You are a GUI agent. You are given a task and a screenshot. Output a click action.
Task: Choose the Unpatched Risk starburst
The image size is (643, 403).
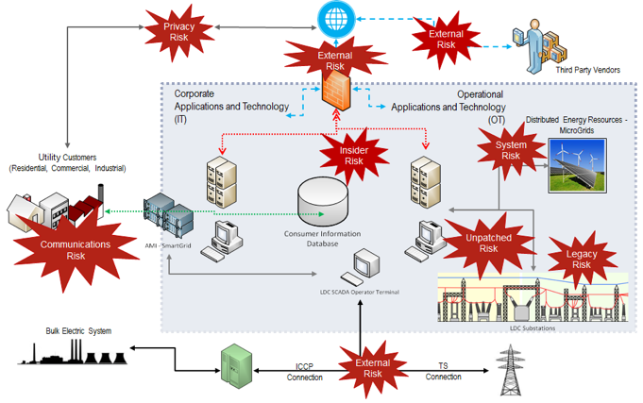coord(488,243)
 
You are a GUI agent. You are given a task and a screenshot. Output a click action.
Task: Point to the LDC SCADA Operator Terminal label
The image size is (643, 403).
coord(360,293)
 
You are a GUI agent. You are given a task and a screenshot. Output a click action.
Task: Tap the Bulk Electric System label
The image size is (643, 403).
coord(77,331)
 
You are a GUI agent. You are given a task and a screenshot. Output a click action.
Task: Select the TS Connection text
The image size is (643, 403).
coord(443,371)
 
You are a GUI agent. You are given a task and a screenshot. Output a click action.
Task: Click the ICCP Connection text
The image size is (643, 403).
coord(304,371)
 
